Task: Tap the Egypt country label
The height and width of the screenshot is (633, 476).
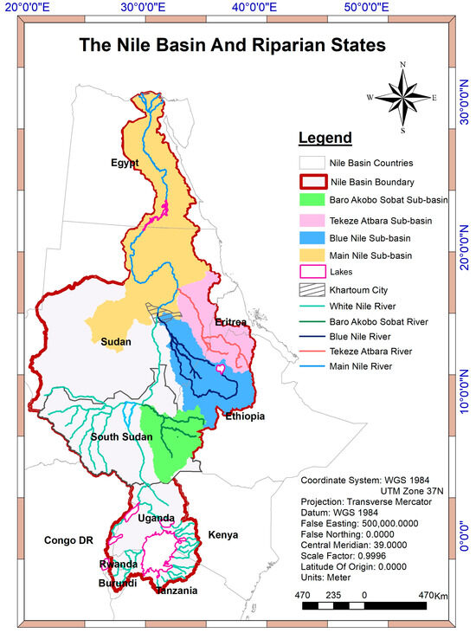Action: (125, 164)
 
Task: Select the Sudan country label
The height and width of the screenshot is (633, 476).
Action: (116, 342)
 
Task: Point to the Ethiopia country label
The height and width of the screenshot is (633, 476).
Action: (245, 417)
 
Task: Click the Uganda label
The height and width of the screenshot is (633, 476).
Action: (157, 518)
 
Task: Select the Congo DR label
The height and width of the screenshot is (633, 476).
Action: (68, 541)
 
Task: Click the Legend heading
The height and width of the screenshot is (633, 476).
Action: (325, 138)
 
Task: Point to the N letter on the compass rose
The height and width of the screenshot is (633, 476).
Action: (402, 65)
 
